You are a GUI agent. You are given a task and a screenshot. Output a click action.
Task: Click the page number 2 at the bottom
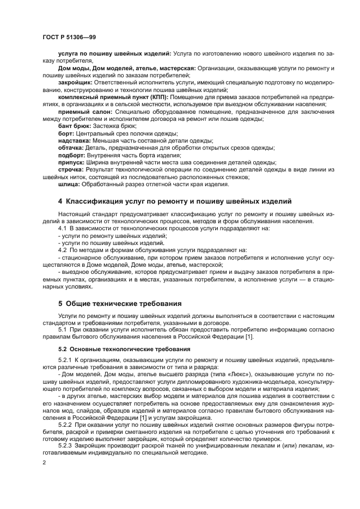[44, 463]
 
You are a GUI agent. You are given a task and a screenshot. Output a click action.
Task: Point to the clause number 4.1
[63, 229]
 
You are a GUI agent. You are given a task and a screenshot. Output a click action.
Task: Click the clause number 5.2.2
[65, 423]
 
